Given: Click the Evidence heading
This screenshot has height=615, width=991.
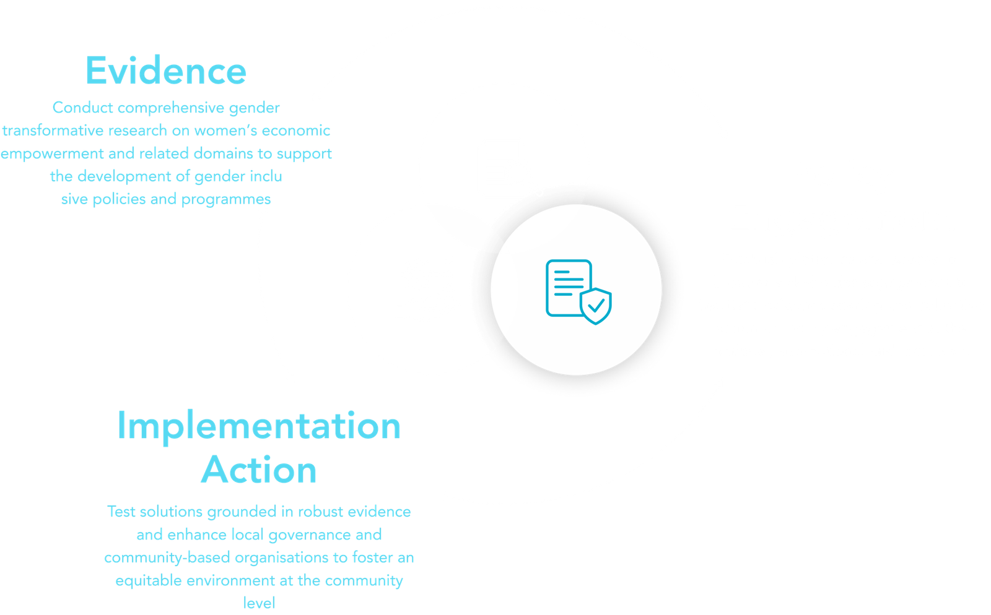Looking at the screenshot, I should pos(165,71).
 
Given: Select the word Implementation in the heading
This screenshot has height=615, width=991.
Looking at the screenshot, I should pos(259,427).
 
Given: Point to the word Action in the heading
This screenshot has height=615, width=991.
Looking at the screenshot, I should pos(259,470).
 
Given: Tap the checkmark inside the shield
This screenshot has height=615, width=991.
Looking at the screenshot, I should pos(596,306).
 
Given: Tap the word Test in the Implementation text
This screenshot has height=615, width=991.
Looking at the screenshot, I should pos(120,512).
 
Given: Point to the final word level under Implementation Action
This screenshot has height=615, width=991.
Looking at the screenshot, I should pos(259,603).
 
